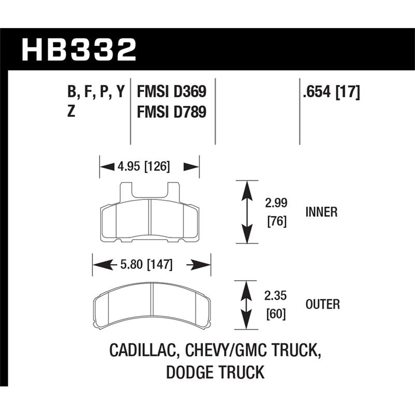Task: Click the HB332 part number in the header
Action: coord(79,50)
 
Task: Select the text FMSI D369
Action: coord(171,92)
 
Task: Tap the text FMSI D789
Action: coord(171,111)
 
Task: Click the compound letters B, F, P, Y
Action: coord(96,92)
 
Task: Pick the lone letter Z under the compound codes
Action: coord(71,111)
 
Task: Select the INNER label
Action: coord(322,212)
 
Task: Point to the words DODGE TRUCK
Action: coord(215,372)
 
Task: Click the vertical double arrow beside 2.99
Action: coord(246,212)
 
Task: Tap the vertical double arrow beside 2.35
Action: coord(246,305)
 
